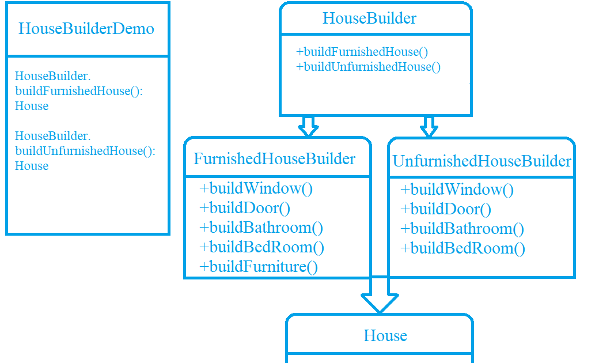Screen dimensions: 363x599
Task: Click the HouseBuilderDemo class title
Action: tap(86, 29)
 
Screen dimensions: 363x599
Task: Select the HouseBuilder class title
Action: tap(369, 18)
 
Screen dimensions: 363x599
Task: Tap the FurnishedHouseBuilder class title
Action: tap(274, 159)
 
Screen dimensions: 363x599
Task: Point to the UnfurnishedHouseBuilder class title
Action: tap(482, 161)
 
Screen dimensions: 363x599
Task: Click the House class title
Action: tap(385, 336)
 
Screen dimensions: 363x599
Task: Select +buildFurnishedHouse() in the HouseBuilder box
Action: tap(362, 52)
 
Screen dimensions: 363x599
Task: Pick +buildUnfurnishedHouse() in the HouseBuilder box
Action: tap(368, 67)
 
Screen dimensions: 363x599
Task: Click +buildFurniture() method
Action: tap(258, 267)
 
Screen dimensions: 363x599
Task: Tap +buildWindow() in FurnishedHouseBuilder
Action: tap(256, 188)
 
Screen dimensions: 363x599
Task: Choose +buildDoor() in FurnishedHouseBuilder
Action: tap(244, 208)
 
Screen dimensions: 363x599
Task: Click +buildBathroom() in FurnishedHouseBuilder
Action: tap(261, 228)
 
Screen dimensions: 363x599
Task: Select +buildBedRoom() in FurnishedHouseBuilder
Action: tap(261, 247)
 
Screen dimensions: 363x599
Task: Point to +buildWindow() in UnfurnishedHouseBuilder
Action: tap(457, 190)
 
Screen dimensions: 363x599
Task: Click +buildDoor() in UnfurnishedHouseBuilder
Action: tap(446, 209)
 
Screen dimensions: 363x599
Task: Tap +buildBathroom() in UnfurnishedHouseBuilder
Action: tap(462, 229)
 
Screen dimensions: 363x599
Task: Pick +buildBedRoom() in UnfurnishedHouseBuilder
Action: tap(462, 248)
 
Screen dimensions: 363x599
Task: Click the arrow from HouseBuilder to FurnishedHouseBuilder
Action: tap(308, 126)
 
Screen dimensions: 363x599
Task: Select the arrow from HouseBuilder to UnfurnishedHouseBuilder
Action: tap(428, 126)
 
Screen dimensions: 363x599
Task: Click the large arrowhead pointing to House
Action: tap(380, 301)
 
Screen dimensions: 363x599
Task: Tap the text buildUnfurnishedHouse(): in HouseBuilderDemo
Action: tap(85, 151)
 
